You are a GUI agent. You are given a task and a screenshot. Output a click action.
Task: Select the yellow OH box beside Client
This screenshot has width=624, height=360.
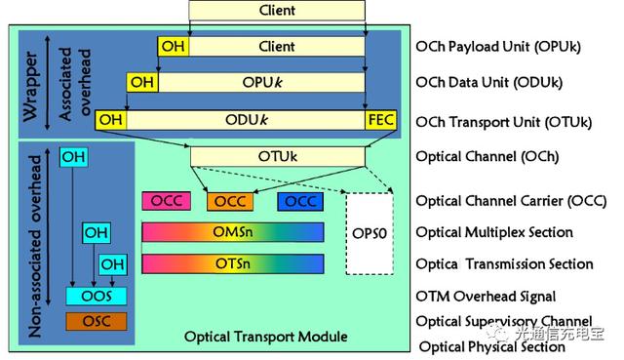pos(173,47)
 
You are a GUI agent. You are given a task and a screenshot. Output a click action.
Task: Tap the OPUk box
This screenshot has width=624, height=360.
pos(261,83)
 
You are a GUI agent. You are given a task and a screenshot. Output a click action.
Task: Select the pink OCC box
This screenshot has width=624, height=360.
pos(165,201)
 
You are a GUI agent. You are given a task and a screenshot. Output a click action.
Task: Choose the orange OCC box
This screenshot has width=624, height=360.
pos(231,201)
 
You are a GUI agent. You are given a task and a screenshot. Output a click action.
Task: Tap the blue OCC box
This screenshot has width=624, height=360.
pos(300,201)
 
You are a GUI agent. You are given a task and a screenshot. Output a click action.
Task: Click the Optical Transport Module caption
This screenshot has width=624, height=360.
pos(265,338)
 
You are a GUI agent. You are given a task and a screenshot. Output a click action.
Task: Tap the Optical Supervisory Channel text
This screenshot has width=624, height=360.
pos(503,321)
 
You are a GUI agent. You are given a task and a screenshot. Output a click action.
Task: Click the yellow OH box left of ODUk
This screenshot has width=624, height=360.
pos(110,119)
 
